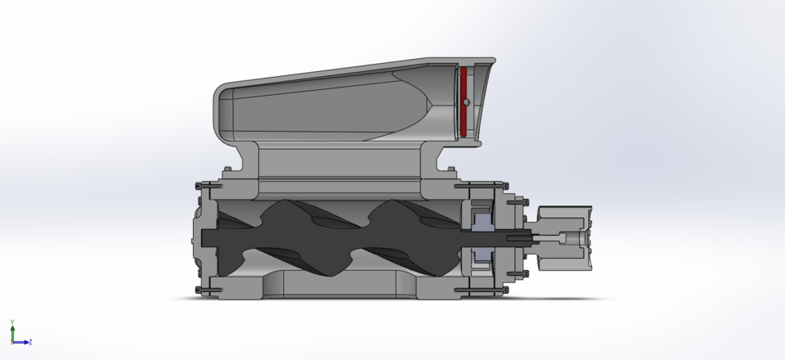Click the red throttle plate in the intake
coord(462,119)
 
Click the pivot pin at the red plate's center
coord(464,102)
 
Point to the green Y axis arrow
coord(12,332)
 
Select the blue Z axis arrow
coord(22,342)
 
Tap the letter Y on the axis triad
coord(11,322)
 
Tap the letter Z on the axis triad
coord(31,342)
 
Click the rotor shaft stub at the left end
coord(211,237)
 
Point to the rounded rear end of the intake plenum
coord(222,106)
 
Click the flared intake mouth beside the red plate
coord(482,102)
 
